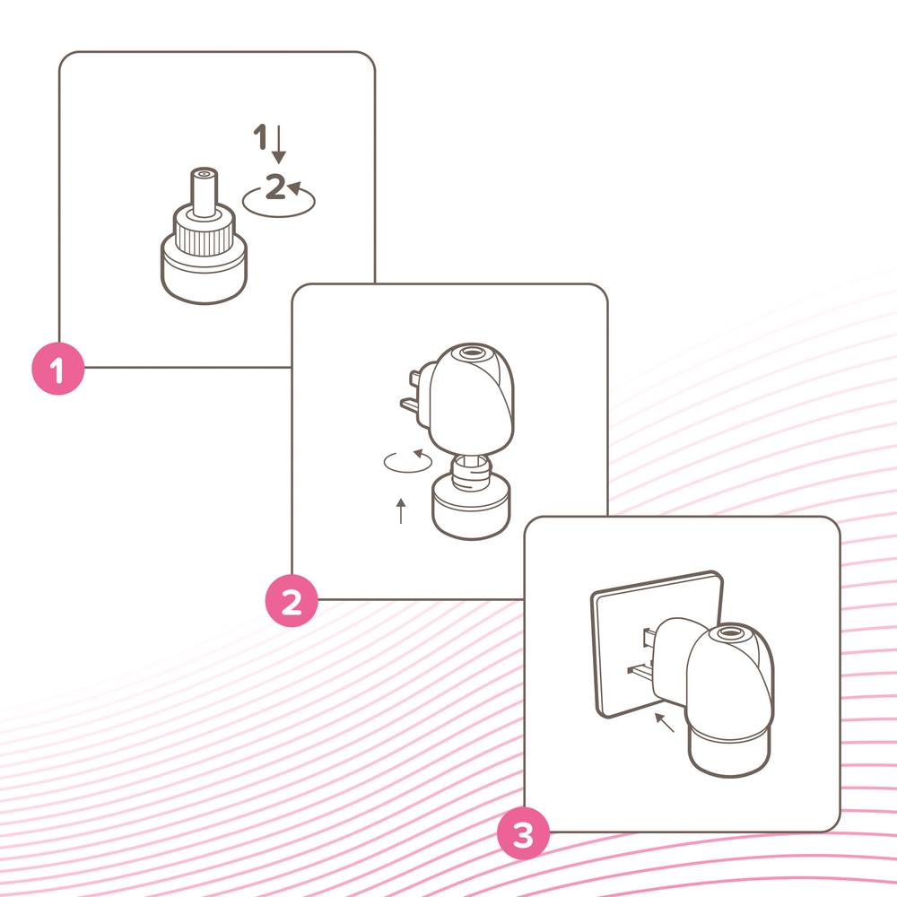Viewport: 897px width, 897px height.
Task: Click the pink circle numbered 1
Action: (57, 369)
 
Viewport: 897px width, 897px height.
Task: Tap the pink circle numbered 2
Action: (292, 601)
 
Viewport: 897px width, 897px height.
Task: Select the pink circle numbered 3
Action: (523, 833)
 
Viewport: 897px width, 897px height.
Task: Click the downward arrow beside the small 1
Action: (279, 144)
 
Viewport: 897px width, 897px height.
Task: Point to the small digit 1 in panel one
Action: (260, 136)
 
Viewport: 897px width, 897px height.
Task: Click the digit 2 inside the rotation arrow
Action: (275, 187)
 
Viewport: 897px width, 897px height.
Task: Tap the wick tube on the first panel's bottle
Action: (204, 192)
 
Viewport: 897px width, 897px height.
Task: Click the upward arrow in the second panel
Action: (401, 511)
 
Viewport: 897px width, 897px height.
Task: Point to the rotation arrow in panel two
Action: (407, 461)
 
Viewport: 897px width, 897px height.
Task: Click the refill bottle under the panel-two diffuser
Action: (470, 497)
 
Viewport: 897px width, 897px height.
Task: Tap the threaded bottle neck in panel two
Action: (471, 472)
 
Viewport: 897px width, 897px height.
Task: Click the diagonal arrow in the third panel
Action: (665, 722)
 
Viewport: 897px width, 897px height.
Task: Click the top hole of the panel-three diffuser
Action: (727, 632)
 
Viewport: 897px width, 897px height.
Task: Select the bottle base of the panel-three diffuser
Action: (730, 749)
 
